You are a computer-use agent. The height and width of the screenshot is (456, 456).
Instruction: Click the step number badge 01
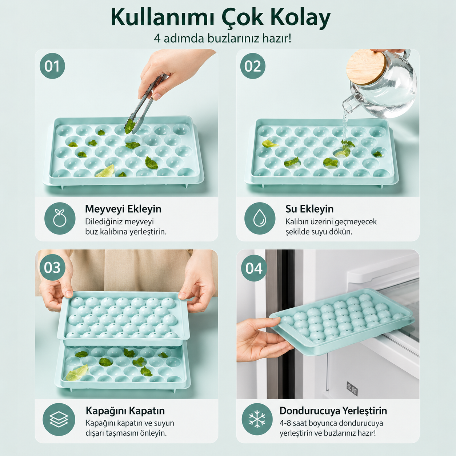pyautogui.click(x=52, y=66)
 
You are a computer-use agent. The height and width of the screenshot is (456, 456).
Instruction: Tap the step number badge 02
pyautogui.click(x=253, y=66)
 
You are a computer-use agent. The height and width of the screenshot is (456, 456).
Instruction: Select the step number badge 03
pyautogui.click(x=52, y=267)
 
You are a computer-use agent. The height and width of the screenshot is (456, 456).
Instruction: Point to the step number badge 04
pyautogui.click(x=254, y=268)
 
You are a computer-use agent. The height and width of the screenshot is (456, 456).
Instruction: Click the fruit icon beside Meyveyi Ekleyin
pyautogui.click(x=60, y=218)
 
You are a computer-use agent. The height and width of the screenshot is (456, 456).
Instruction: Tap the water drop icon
pyautogui.click(x=260, y=218)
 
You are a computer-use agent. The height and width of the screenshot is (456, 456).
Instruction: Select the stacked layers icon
pyautogui.click(x=59, y=419)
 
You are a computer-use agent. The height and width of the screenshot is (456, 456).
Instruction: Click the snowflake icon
pyautogui.click(x=257, y=419)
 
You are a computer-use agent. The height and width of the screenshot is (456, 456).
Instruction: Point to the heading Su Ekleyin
pyautogui.click(x=309, y=209)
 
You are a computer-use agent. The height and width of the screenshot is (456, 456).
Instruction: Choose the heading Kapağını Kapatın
pyautogui.click(x=125, y=411)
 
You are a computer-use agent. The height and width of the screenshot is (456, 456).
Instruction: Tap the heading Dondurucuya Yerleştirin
pyautogui.click(x=333, y=411)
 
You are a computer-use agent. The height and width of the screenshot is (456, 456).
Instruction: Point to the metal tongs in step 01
pyautogui.click(x=146, y=104)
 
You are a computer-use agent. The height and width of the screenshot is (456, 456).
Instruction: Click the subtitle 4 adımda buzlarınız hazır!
pyautogui.click(x=223, y=38)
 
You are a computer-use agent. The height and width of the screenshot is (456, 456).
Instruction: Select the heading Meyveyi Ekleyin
pyautogui.click(x=123, y=209)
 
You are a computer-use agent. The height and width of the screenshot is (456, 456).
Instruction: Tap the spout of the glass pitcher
pyautogui.click(x=348, y=104)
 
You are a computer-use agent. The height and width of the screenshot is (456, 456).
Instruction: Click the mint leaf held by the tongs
pyautogui.click(x=129, y=126)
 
